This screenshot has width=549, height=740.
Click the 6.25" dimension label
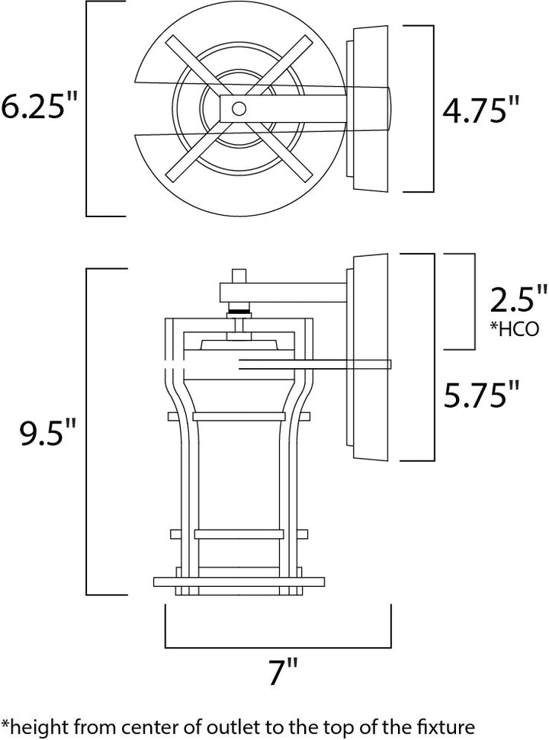[x=39, y=106]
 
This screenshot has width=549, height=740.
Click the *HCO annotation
[x=514, y=328]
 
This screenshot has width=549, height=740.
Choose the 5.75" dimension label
[x=481, y=395]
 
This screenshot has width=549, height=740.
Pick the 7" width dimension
[x=283, y=672]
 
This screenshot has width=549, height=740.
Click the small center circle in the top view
[x=239, y=109]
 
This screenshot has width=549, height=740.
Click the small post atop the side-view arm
[x=239, y=276]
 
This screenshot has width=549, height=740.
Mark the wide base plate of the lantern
[x=239, y=582]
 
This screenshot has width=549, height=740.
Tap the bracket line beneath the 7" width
[x=278, y=647]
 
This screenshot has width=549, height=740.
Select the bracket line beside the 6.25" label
[x=87, y=108]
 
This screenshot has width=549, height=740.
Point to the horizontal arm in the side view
[x=284, y=292]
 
